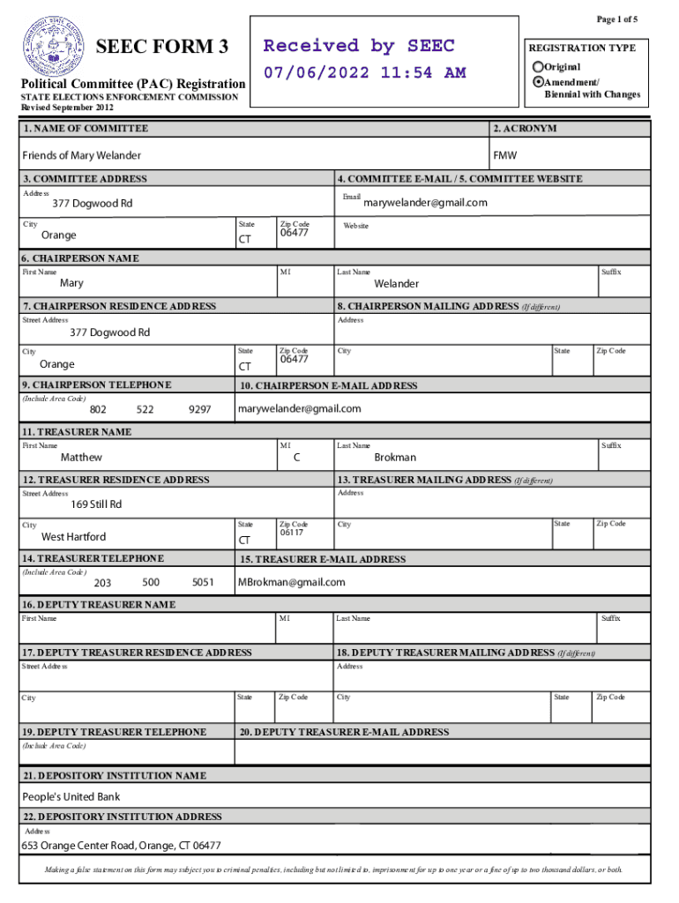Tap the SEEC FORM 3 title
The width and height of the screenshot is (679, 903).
(168, 47)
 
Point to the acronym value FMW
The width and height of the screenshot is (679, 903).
(505, 155)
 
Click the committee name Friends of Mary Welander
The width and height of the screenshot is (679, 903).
(81, 155)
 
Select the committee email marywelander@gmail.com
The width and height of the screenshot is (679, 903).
(425, 203)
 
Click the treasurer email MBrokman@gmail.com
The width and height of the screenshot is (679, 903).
(292, 582)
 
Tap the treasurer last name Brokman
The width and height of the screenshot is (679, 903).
(395, 458)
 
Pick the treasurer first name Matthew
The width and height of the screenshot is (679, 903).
(81, 458)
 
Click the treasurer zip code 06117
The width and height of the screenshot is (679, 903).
(292, 533)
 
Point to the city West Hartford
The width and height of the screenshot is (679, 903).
(74, 537)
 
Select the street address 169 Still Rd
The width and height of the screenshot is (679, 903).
(96, 505)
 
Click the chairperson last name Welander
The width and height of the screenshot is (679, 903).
(396, 284)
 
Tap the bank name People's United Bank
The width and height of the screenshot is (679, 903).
(71, 797)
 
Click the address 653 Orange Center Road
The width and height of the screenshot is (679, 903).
(122, 846)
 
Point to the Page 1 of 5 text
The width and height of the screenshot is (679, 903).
(617, 19)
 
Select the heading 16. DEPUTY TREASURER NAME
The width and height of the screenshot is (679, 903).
(99, 605)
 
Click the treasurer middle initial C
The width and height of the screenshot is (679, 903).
(297, 458)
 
